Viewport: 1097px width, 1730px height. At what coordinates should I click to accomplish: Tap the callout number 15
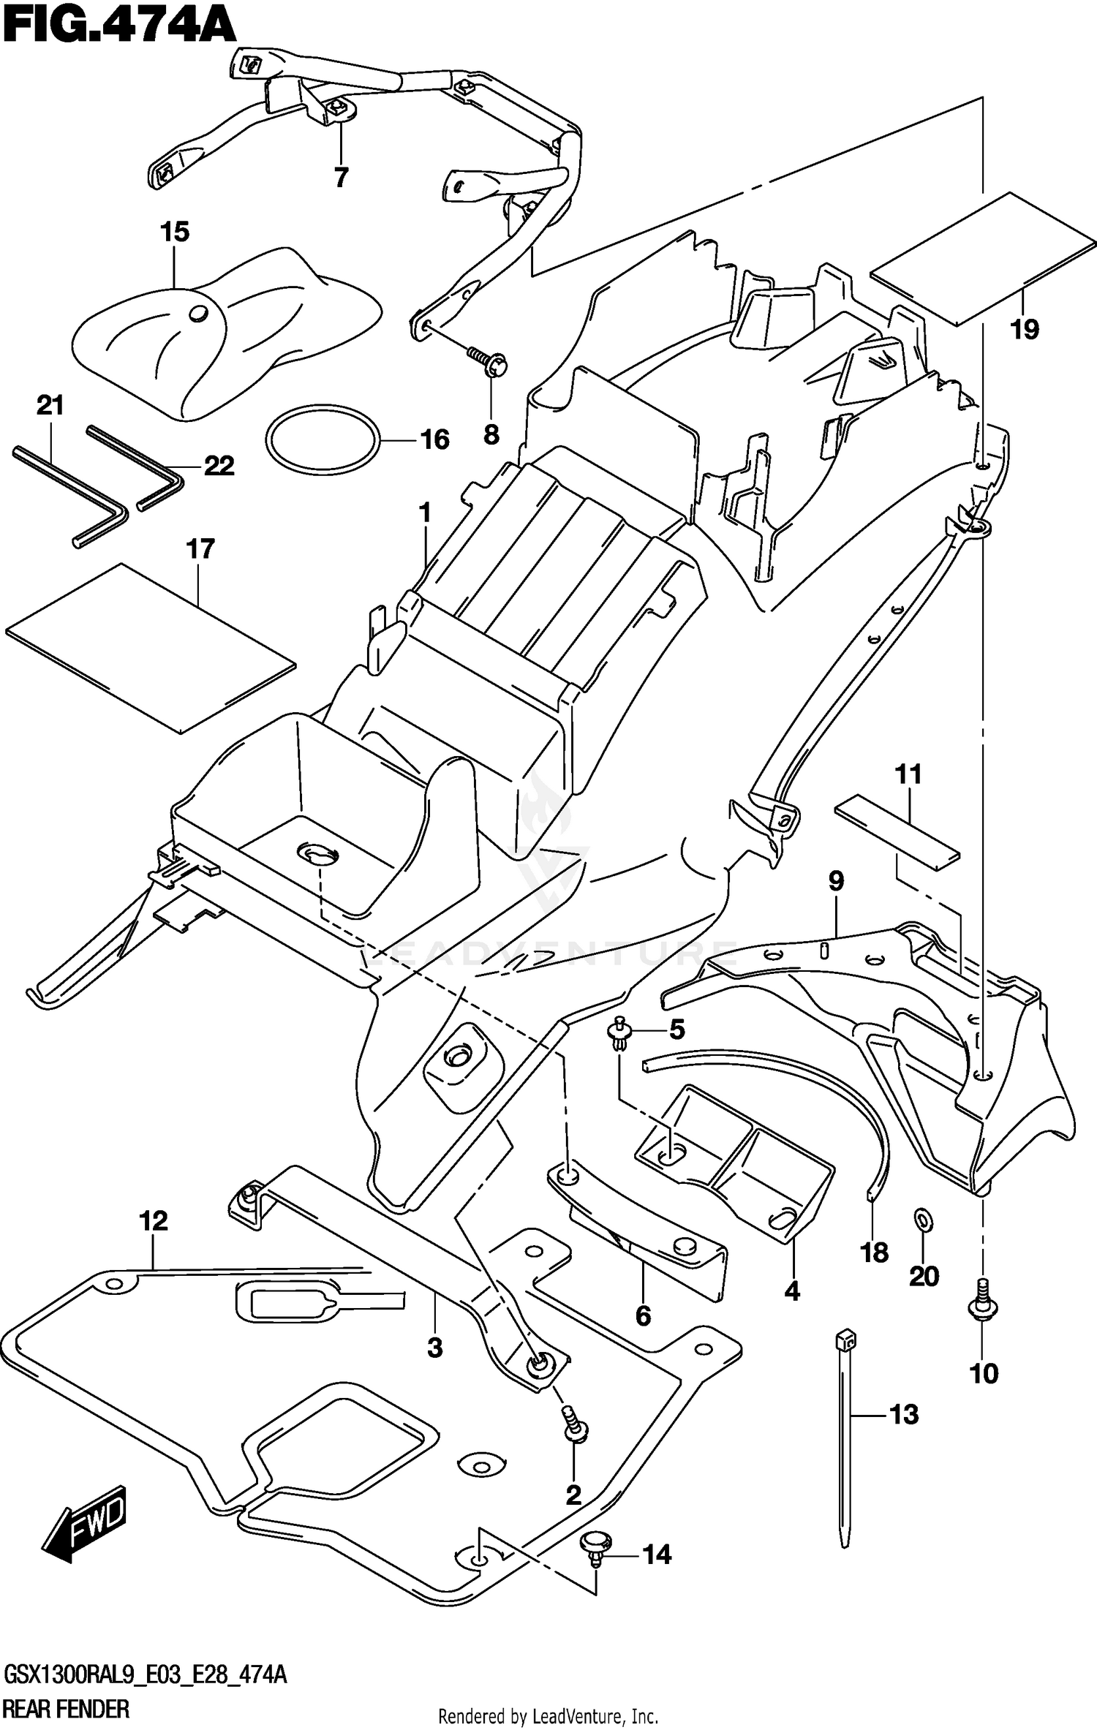[175, 232]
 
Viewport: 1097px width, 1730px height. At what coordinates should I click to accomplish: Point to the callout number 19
[1025, 330]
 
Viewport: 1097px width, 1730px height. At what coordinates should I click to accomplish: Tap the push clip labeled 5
[620, 1033]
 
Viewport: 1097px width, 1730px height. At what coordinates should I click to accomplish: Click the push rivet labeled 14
[593, 1563]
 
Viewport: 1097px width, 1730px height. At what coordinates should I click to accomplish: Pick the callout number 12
[154, 1220]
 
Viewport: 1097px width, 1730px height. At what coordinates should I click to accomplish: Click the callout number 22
[219, 466]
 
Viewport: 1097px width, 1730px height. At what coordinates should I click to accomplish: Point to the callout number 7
[341, 177]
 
